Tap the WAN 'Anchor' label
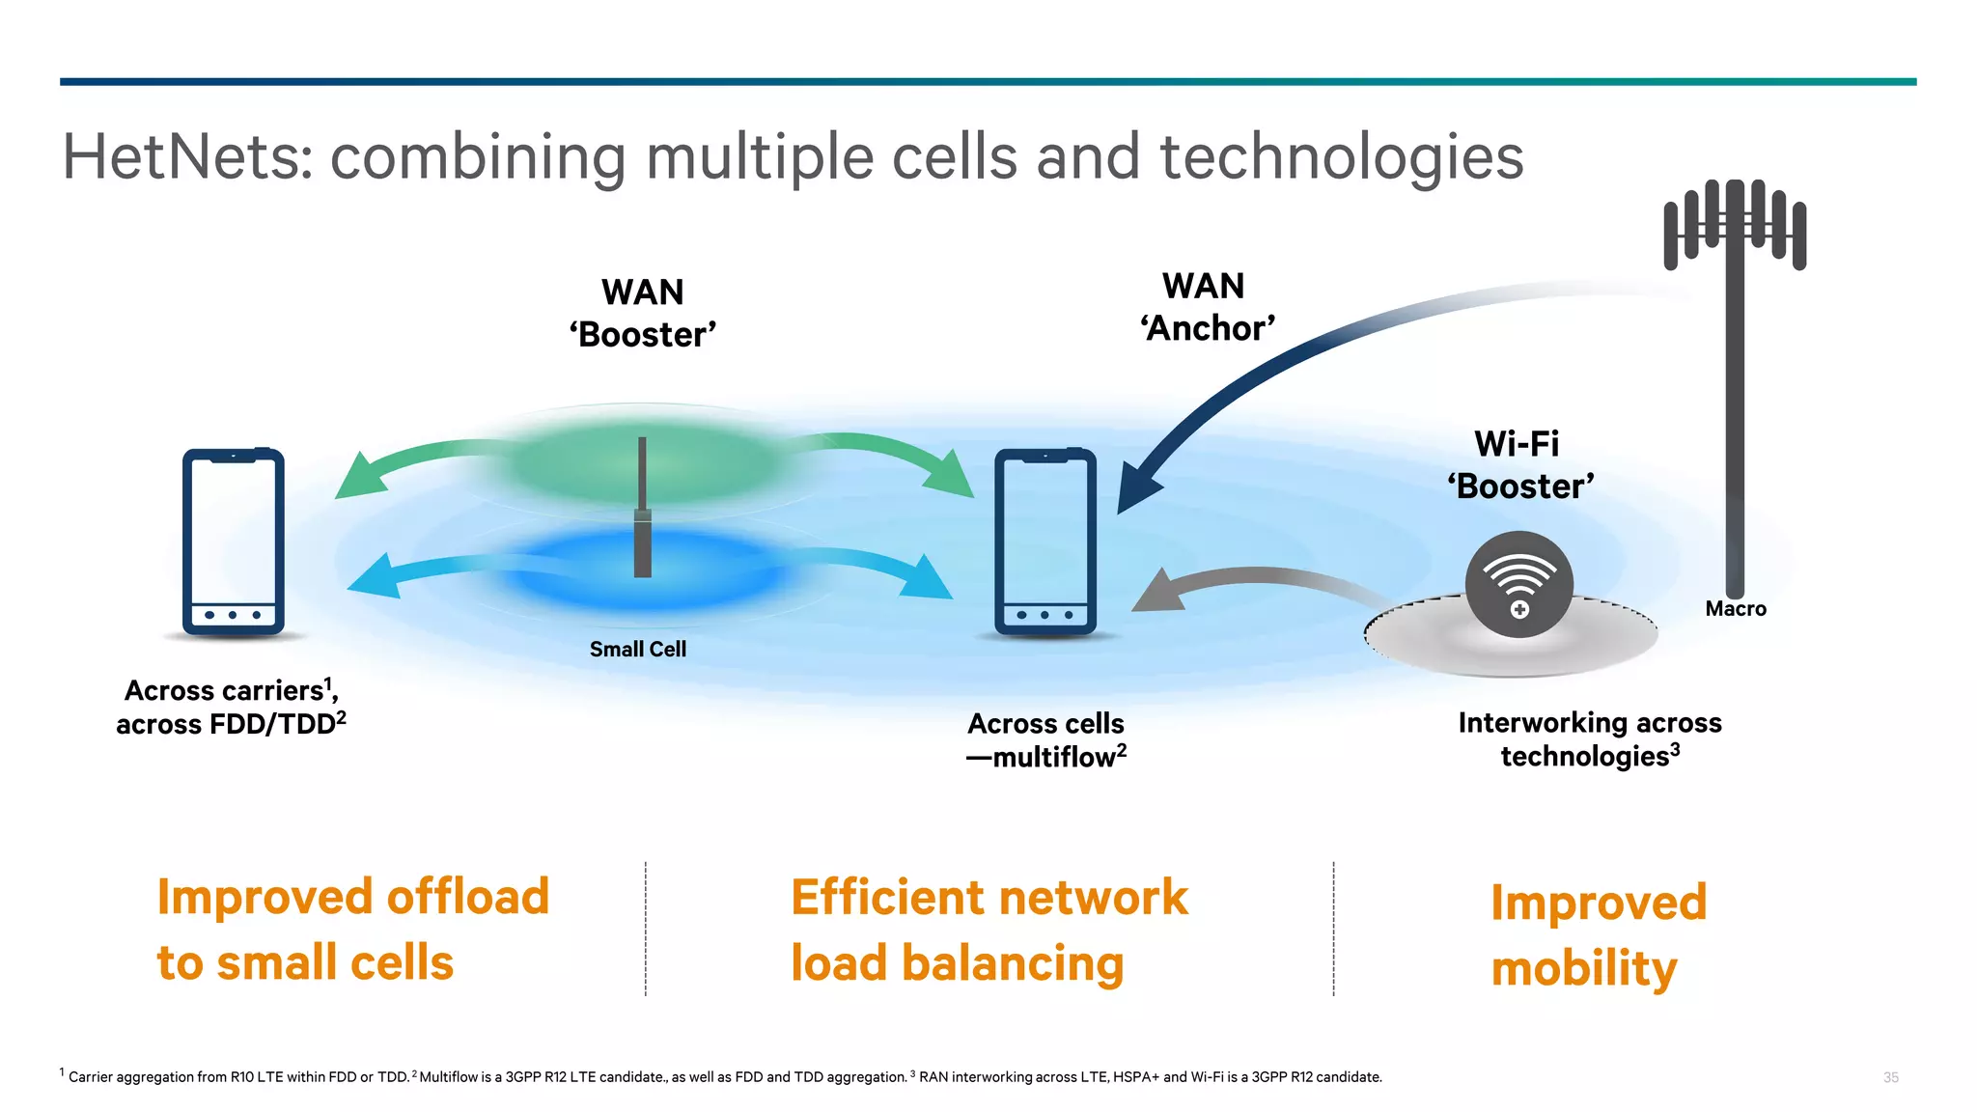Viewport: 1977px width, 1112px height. (x=1206, y=307)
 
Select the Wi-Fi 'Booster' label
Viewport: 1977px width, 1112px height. (x=1519, y=465)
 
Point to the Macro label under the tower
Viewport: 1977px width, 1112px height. (x=1735, y=609)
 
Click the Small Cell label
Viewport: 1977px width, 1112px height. (x=637, y=650)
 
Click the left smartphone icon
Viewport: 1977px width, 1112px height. (x=233, y=542)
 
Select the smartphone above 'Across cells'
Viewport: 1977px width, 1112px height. (x=1045, y=542)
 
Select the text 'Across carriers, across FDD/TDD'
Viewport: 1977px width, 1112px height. (x=231, y=708)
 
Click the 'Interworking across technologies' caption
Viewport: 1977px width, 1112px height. (x=1589, y=739)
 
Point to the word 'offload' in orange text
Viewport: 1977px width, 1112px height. (x=468, y=897)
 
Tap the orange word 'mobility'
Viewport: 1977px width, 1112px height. (x=1583, y=968)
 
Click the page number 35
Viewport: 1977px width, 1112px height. (x=1890, y=1077)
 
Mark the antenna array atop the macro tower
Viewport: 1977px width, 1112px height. (x=1735, y=227)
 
